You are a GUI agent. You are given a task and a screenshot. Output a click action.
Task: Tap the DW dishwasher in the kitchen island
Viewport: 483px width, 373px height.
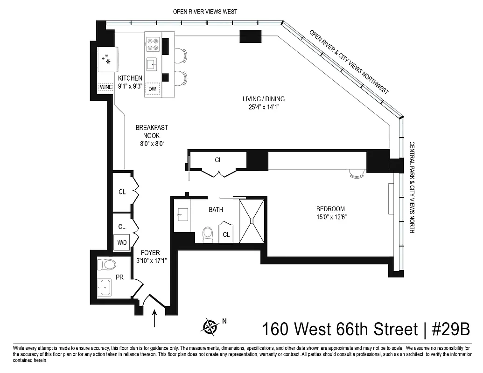pyautogui.click(x=153, y=88)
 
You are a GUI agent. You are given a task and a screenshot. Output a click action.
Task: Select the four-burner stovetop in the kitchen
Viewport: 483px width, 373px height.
pyautogui.click(x=153, y=44)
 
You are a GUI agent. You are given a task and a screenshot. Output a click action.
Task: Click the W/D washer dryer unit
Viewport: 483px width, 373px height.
pyautogui.click(x=122, y=242)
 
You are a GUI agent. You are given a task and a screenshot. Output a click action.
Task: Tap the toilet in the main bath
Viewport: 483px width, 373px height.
pyautogui.click(x=208, y=234)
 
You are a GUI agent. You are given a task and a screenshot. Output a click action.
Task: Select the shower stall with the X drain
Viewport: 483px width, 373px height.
pyautogui.click(x=252, y=220)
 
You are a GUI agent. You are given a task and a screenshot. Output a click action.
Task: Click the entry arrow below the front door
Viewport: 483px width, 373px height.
pyautogui.click(x=154, y=320)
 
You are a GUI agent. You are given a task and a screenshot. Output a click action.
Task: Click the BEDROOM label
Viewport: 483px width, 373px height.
pyautogui.click(x=330, y=209)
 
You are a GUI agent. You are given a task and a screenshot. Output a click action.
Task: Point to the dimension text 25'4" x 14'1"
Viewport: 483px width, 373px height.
pyautogui.click(x=263, y=107)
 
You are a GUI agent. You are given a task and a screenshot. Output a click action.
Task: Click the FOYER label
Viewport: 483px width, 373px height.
pyautogui.click(x=150, y=253)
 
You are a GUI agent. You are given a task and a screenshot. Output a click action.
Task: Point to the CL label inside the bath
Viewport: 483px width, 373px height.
pyautogui.click(x=226, y=235)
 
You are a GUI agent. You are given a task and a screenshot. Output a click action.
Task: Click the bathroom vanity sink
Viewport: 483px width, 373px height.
pyautogui.click(x=182, y=215)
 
